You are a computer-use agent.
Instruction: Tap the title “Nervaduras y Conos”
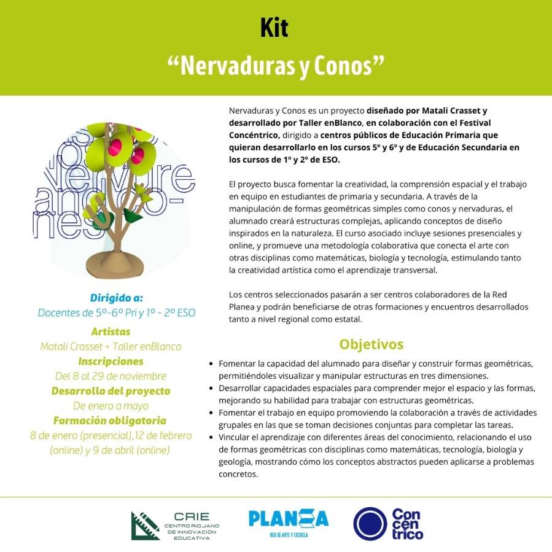point(276,64)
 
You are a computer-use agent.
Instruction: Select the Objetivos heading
point(371,344)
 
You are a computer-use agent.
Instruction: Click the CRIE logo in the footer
point(175,525)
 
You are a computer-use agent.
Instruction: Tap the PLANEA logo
point(288,519)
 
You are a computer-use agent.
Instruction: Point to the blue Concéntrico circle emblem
point(370,524)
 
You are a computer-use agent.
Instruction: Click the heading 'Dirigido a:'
point(117,298)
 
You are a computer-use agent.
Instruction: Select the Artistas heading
point(111,332)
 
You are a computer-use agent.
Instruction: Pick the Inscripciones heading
point(111,361)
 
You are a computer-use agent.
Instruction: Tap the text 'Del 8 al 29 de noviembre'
point(111,376)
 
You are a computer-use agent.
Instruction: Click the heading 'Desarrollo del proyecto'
point(111,391)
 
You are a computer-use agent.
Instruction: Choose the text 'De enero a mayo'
point(111,406)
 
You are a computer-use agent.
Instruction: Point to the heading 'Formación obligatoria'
point(111,421)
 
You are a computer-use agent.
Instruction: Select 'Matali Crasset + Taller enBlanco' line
point(111,346)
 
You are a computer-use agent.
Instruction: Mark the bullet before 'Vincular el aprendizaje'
point(212,437)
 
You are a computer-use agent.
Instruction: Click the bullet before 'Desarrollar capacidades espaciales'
point(212,388)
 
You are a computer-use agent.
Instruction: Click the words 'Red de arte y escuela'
point(288,535)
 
